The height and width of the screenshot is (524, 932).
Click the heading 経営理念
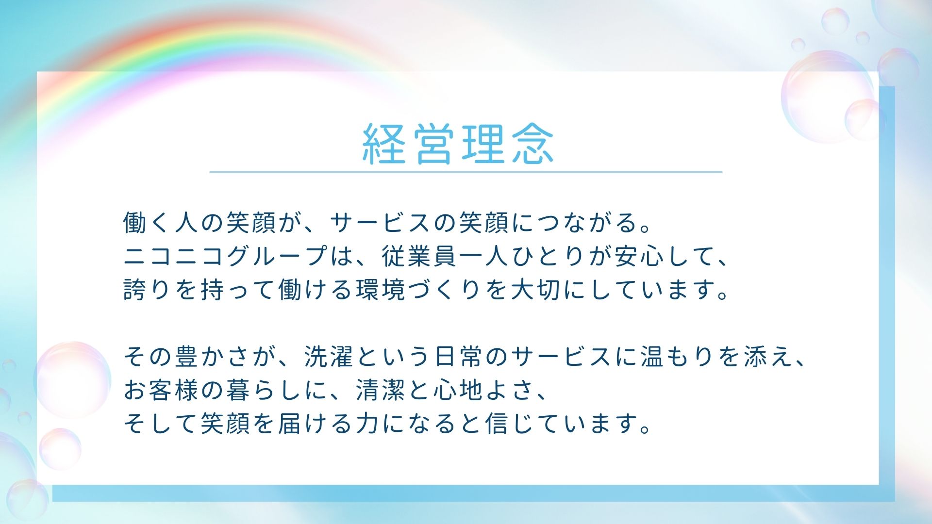pos(458,143)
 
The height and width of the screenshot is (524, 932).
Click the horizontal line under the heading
pos(466,172)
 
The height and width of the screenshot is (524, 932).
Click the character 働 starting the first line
pos(135,223)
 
